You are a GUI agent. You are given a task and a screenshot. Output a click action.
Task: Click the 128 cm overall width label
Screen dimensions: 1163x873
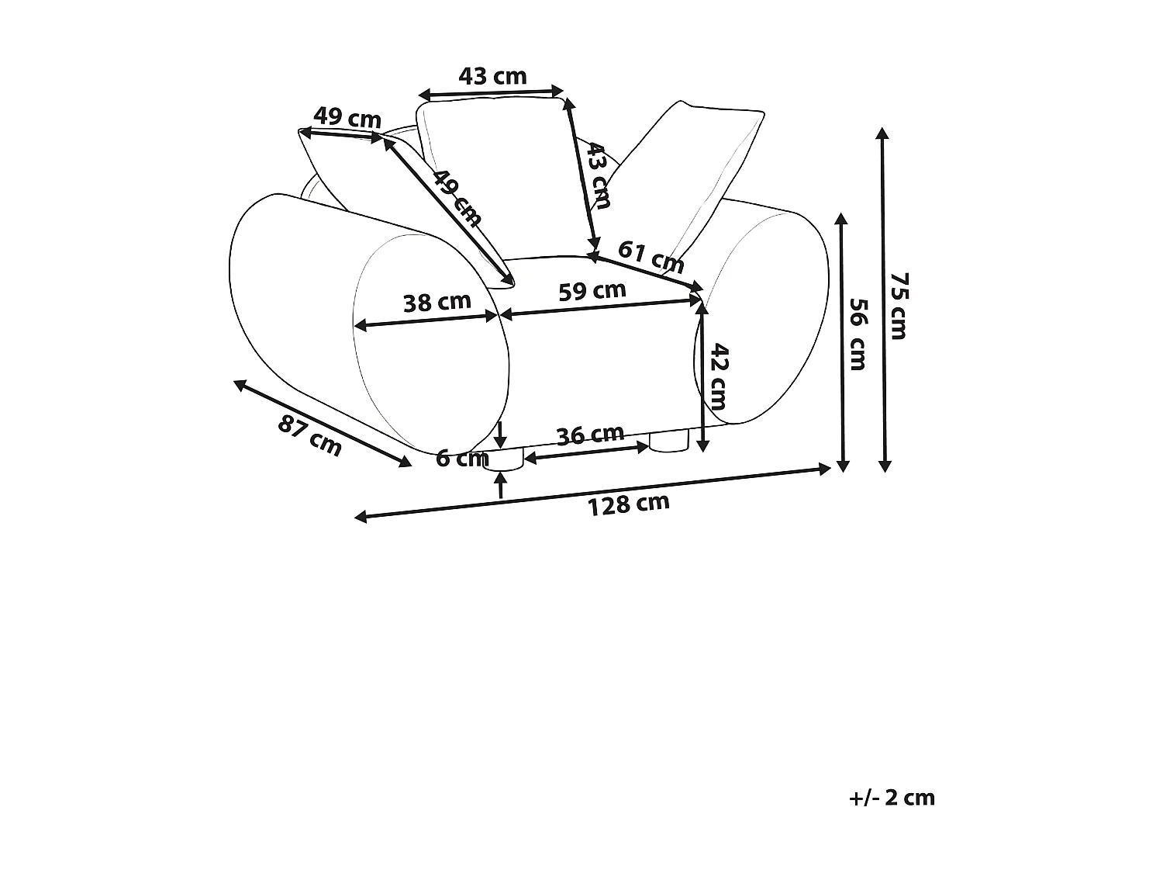coord(628,504)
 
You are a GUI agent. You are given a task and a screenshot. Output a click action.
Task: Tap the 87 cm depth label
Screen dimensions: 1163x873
coord(310,435)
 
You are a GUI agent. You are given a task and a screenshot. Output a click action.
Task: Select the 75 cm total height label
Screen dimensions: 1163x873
coord(899,306)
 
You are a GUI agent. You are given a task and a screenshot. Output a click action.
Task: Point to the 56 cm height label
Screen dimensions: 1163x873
coord(858,334)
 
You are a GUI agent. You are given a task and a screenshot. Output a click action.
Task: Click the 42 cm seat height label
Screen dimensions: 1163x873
coord(719,376)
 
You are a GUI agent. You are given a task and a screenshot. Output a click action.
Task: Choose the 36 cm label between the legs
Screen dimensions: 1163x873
coord(590,435)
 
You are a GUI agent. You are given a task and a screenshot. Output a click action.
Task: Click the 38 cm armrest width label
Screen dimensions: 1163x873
coord(437,302)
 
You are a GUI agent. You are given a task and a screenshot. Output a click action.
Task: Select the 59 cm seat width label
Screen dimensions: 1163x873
coord(592,291)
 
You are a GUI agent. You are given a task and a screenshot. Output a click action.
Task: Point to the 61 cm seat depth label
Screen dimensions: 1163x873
coord(651,257)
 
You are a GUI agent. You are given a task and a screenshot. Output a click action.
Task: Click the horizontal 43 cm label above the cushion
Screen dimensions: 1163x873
coord(493,76)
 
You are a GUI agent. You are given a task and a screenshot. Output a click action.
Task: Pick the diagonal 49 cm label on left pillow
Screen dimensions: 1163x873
coord(457,198)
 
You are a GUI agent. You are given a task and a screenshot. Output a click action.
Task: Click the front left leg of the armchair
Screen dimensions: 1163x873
coord(503,459)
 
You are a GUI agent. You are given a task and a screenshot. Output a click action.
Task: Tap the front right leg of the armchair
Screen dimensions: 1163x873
coord(668,442)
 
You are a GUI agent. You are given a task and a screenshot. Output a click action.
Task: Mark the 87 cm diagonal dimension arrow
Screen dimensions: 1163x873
coord(323,424)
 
